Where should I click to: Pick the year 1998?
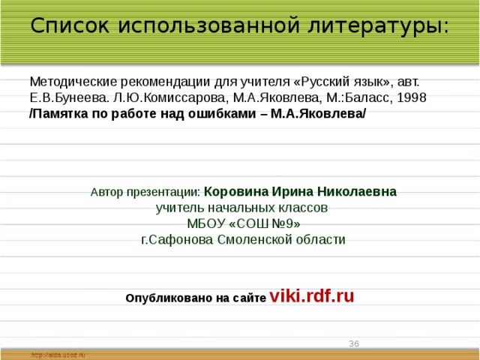coord(412,97)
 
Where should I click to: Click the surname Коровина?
coord(232,191)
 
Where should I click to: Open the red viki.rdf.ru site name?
coord(311,295)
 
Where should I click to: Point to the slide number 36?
coord(354,343)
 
